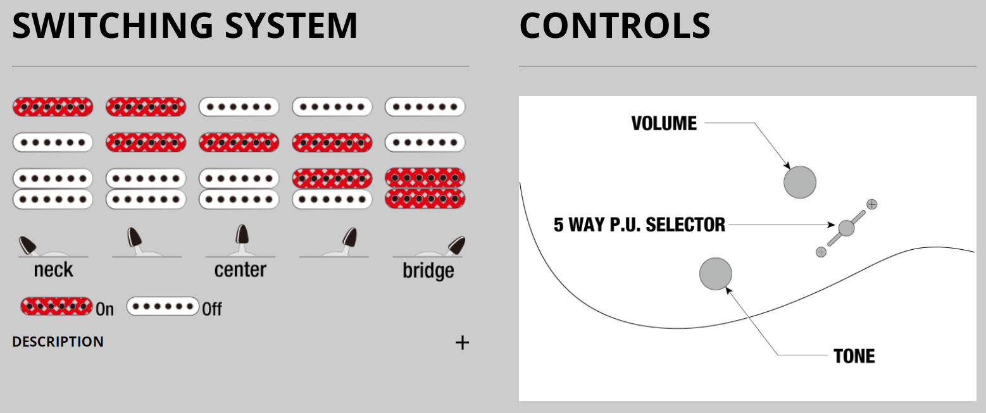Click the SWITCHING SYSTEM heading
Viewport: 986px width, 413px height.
[185, 25]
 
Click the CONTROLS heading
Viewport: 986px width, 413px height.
[615, 25]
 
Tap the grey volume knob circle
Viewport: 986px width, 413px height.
[800, 182]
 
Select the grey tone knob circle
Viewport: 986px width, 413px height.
[716, 274]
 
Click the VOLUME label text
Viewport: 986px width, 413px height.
[664, 123]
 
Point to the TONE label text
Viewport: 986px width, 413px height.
[854, 356]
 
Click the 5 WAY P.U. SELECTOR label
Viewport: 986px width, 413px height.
[639, 225]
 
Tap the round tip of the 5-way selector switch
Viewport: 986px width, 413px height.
[846, 228]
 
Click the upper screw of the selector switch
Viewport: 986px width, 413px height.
[871, 204]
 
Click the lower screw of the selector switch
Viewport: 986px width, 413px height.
[821, 252]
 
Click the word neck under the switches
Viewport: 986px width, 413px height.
[53, 270]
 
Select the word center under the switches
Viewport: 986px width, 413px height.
[240, 270]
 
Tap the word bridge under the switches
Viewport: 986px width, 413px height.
[428, 271]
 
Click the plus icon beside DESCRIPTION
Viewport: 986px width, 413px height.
[463, 343]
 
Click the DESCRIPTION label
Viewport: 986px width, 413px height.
[58, 342]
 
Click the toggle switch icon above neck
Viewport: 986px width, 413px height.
[30, 245]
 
